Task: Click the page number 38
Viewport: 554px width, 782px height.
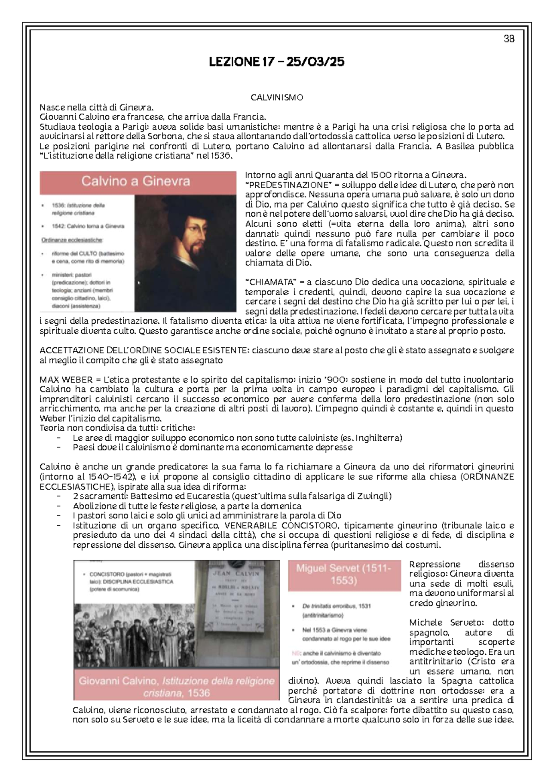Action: (509, 39)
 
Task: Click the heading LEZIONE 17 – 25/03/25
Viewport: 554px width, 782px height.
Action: (277, 62)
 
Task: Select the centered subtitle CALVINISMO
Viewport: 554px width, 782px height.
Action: (277, 98)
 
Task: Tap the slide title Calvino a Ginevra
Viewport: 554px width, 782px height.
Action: (136, 181)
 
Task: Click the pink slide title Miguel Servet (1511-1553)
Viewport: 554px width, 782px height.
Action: (343, 575)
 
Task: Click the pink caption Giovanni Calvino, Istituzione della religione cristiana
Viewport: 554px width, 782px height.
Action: (176, 687)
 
